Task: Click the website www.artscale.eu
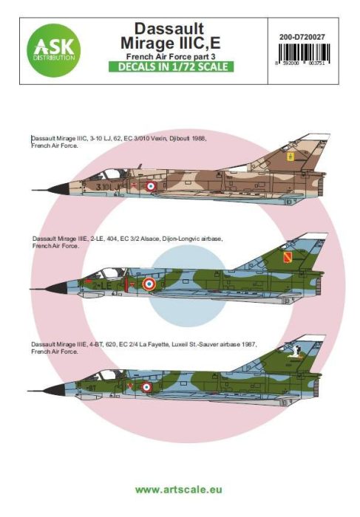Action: (180, 487)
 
